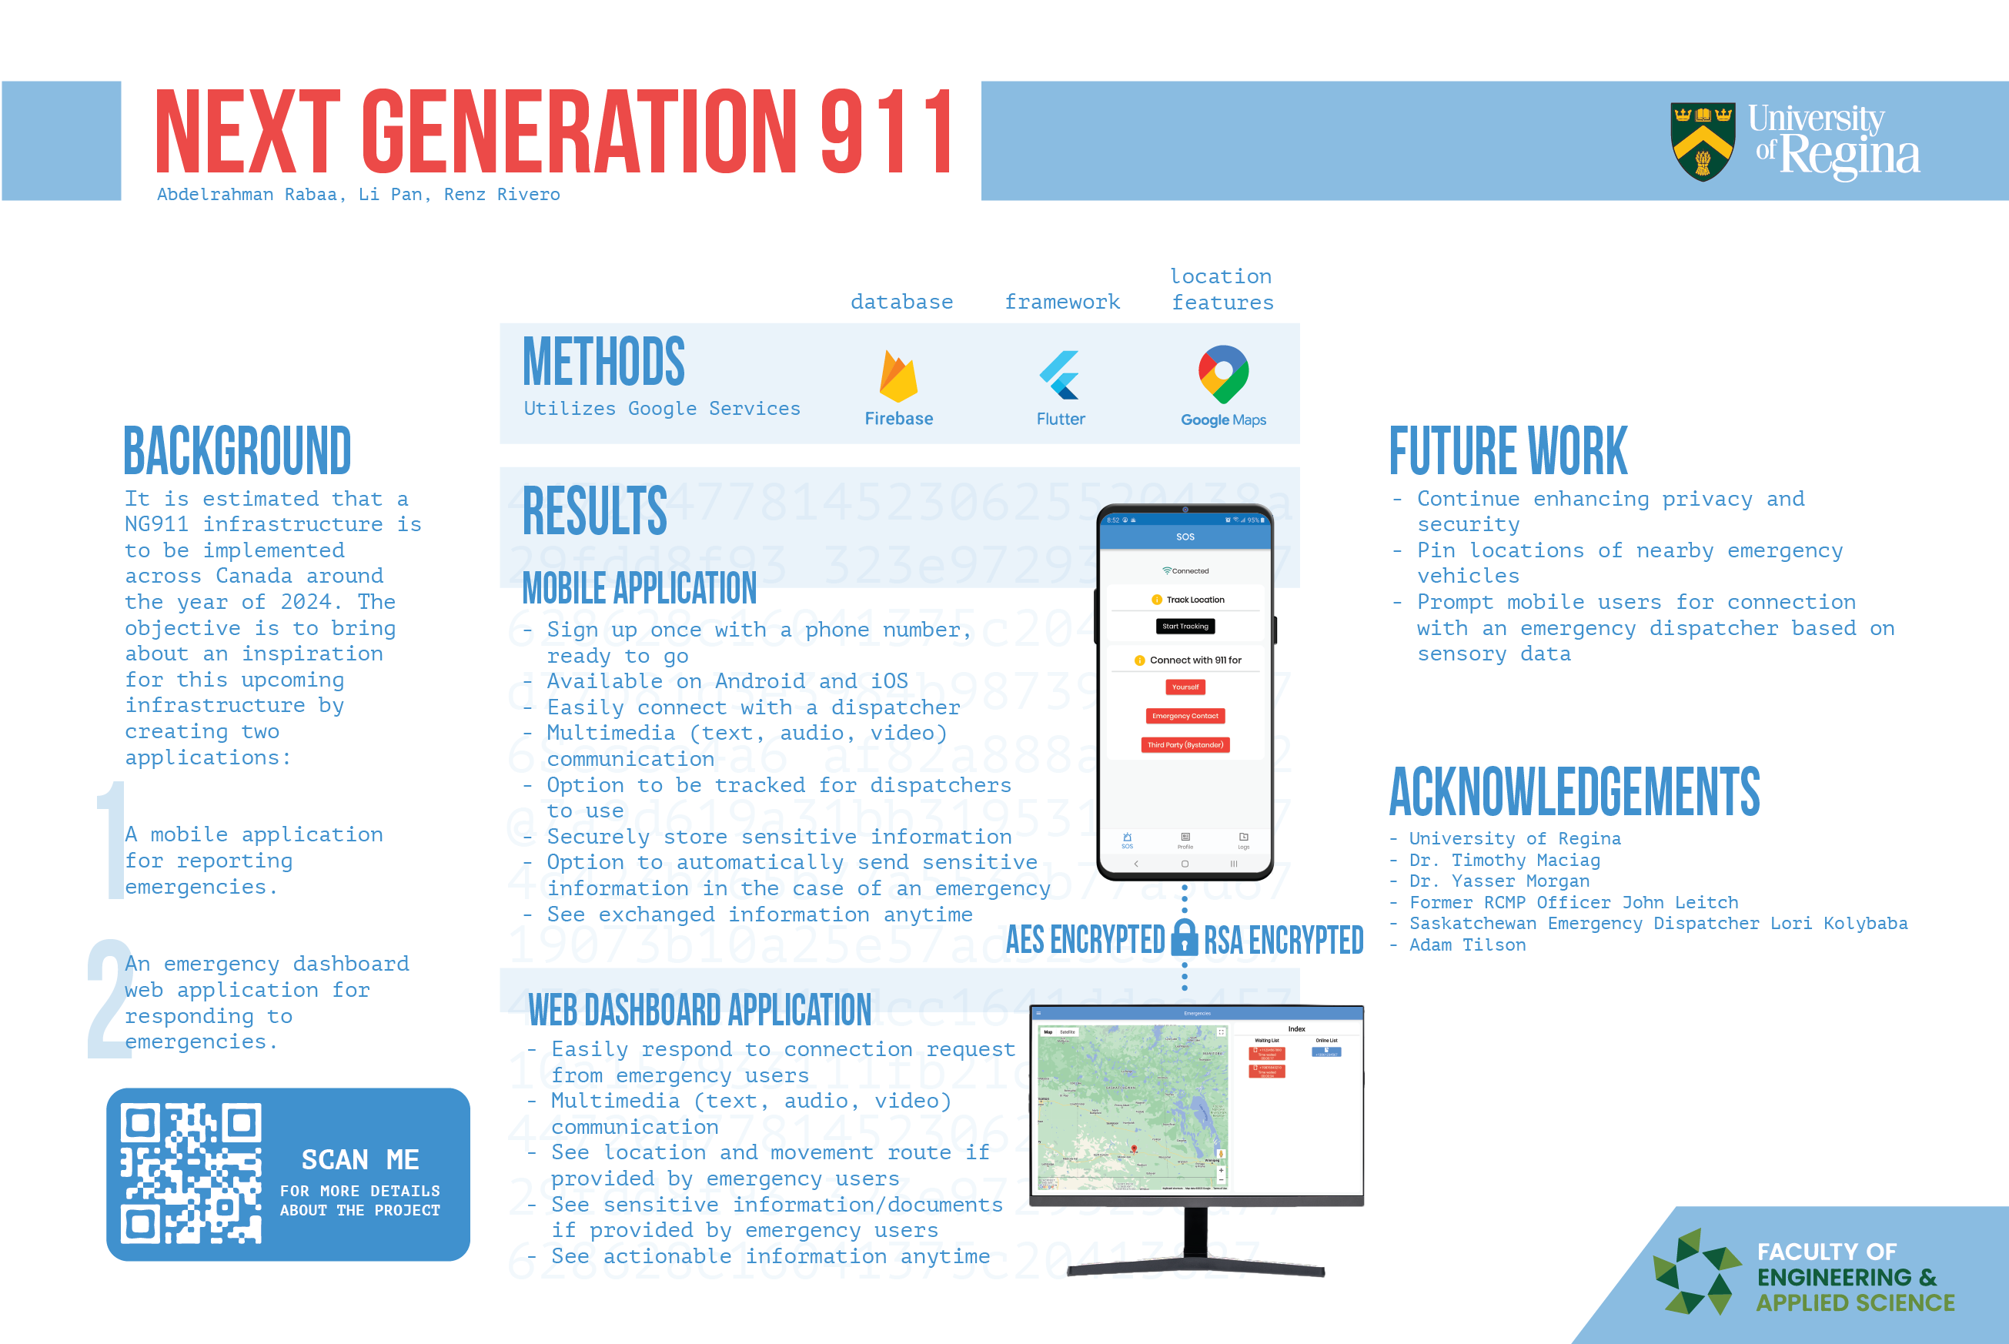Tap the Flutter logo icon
[x=1060, y=376]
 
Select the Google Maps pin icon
[x=1223, y=373]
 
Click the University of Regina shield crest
[x=1702, y=142]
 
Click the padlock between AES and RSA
[x=1185, y=938]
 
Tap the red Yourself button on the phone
[x=1185, y=687]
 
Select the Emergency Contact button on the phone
[x=1185, y=716]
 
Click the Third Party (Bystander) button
[x=1185, y=745]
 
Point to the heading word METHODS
[x=603, y=363]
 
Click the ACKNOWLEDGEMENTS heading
[x=1573, y=792]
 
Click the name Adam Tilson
[x=1467, y=944]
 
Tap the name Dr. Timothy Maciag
[x=1504, y=860]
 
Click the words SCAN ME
[x=360, y=1160]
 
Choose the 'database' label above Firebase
[x=901, y=302]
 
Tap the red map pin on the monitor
[x=1134, y=1148]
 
